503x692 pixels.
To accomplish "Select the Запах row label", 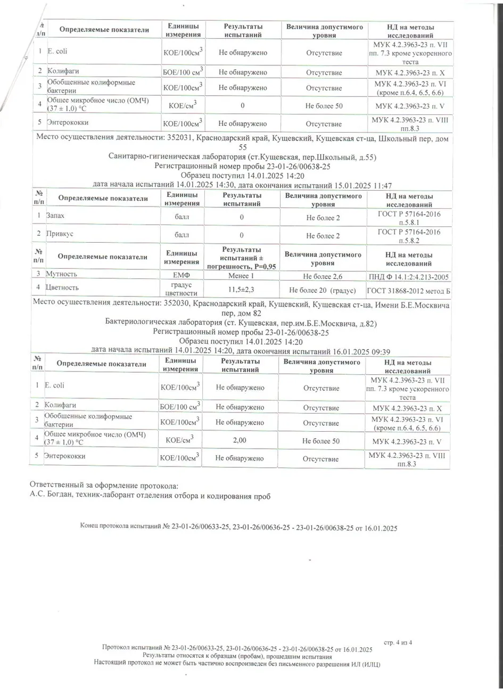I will click(56, 216).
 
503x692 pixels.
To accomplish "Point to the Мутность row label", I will click(61, 274).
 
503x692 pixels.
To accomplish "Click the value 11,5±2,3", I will click(242, 288).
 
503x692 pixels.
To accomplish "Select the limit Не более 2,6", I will click(323, 276).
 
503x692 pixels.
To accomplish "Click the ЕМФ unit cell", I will click(182, 275).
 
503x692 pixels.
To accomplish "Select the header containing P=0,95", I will click(242, 258).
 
